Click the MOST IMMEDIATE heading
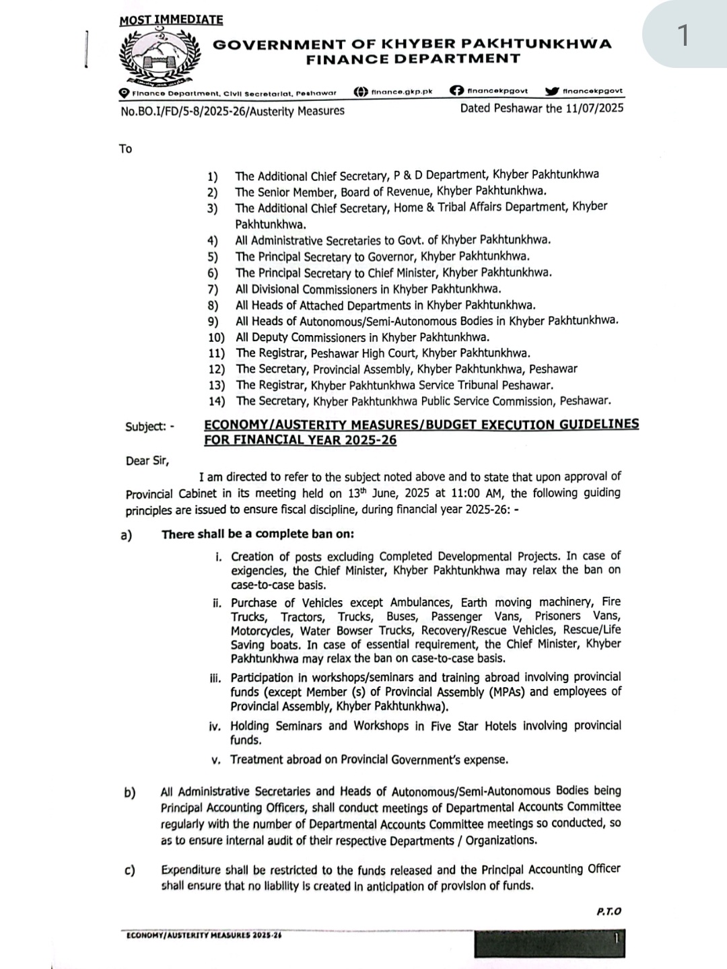coord(171,20)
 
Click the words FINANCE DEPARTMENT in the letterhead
coord(413,59)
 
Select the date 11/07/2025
coord(596,108)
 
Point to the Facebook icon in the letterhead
coord(456,92)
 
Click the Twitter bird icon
coord(551,92)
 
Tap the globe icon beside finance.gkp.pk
coord(361,92)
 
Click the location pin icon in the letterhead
coord(124,93)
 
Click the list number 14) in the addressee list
coord(216,402)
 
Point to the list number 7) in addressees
coord(213,289)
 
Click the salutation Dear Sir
coord(147,461)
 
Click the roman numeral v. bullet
coord(216,760)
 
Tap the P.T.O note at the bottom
coord(609,911)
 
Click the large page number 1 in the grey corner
coord(683,35)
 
